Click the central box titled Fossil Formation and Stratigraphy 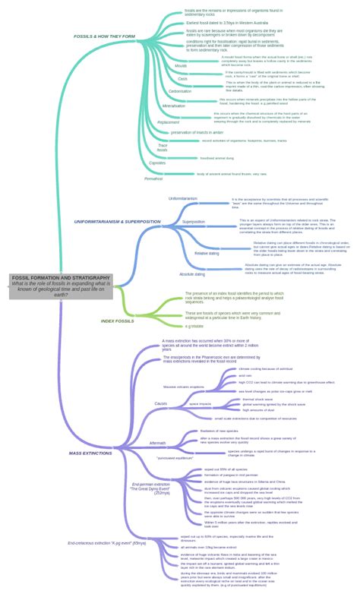click(x=61, y=286)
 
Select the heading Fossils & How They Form click(x=104, y=36)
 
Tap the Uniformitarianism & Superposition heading click(x=117, y=222)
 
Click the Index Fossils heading click(x=117, y=321)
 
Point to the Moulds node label click(x=181, y=66)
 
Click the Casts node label click(x=182, y=79)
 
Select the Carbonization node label click(x=180, y=91)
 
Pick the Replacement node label click(x=169, y=122)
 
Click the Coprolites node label click(x=157, y=163)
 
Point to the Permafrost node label click(x=153, y=178)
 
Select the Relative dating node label click(x=206, y=253)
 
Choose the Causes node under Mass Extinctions click(x=160, y=403)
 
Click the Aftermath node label click(x=157, y=443)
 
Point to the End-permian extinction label click(x=150, y=488)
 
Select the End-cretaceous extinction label click(x=96, y=544)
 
